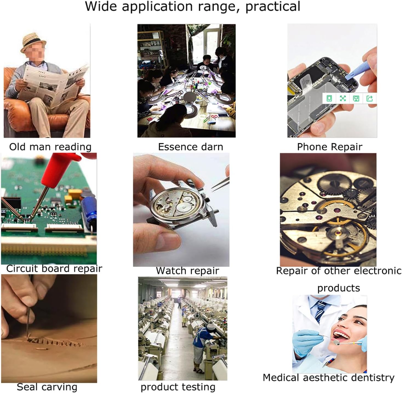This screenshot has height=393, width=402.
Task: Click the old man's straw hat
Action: click(33, 42)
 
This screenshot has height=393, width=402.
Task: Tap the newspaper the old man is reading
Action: click(53, 85)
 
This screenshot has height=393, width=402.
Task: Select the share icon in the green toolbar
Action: click(369, 98)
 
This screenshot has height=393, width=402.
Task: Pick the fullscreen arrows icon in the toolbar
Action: click(343, 98)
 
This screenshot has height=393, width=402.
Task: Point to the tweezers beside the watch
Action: click(220, 184)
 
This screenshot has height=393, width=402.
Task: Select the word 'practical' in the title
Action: click(273, 7)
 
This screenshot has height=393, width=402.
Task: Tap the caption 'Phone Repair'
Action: click(330, 147)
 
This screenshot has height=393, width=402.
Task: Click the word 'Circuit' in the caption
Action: click(22, 269)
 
